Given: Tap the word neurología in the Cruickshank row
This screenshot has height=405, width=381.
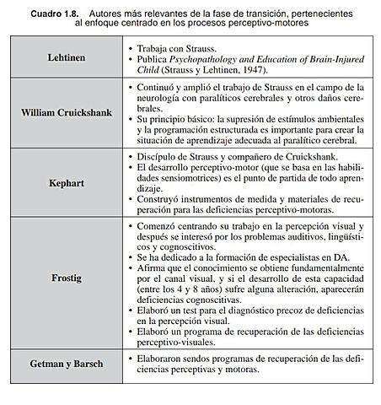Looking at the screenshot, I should [x=159, y=99].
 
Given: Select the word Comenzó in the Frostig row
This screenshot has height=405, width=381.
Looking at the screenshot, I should [x=160, y=228].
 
